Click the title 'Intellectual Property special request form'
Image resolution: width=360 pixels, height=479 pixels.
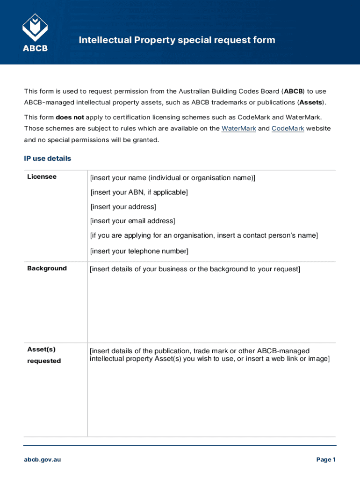[x=177, y=40]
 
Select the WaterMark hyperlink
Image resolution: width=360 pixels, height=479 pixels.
[x=238, y=128]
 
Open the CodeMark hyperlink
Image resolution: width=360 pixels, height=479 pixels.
[x=288, y=128]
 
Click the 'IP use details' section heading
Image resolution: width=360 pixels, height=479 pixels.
[x=48, y=159]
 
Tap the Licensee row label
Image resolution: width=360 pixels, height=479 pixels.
[x=42, y=177]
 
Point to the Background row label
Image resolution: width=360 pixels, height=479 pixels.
[x=47, y=269]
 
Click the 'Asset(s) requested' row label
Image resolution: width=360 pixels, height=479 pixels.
[x=44, y=355]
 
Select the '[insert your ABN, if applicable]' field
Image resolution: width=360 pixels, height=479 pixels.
[x=139, y=192]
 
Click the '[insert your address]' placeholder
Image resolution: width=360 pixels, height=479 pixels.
[x=123, y=207]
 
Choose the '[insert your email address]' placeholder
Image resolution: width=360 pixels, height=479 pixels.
[x=132, y=221]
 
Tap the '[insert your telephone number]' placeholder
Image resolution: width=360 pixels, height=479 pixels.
[x=139, y=251]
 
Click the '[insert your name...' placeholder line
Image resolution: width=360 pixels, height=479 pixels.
[x=173, y=178]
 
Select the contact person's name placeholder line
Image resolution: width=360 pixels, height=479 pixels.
[x=203, y=235]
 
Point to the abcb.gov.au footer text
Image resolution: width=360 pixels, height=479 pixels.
[x=43, y=460]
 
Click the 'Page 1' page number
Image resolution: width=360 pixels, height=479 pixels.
[x=326, y=460]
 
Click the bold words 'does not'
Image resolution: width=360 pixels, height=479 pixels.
[x=70, y=117]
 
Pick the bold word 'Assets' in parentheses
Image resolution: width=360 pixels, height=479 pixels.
[x=311, y=102]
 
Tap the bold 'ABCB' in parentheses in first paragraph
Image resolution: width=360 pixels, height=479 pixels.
[x=294, y=91]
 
